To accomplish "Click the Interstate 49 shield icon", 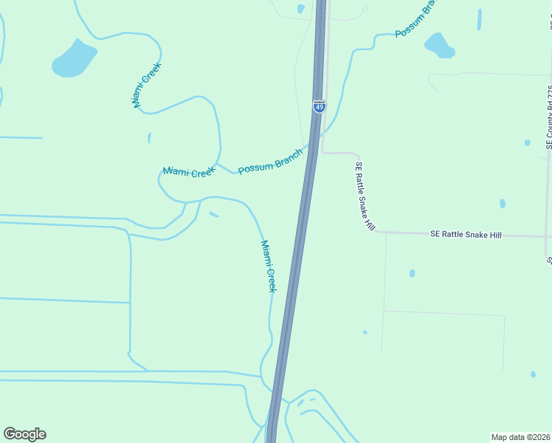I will pos(319,106).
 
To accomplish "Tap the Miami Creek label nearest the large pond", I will pos(147,85).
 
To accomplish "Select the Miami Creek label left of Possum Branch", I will pos(189,171).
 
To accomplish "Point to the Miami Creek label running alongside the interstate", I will pos(268,266).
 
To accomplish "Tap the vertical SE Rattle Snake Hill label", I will pos(365,196).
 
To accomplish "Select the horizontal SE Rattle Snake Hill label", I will pos(466,234).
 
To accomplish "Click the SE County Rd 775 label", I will pos(550,118).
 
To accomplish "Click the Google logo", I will pos(24,434).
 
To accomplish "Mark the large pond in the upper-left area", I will pos(74,58).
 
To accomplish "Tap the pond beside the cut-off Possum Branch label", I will pos(440,45).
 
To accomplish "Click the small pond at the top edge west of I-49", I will pos(300,9).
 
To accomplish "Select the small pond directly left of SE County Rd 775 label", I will pos(527,142).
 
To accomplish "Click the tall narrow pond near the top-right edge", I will pos(480,19).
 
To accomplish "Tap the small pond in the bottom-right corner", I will pos(533,374).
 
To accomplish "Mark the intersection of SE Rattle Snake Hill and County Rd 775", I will pos(548,236).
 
